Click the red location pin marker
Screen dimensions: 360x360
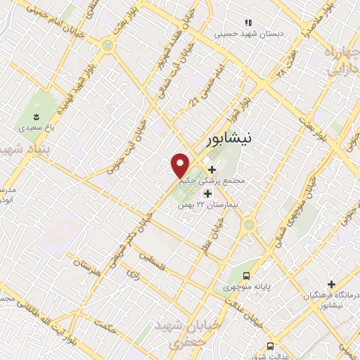181,165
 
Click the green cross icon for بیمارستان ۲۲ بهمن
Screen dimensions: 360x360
207,193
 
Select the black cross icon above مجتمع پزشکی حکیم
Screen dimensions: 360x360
212,169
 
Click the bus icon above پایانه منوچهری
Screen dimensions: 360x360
246,275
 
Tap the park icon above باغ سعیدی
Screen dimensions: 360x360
37,117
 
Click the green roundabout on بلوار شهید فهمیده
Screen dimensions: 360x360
107,45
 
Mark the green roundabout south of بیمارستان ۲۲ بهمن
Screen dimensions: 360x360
249,226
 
